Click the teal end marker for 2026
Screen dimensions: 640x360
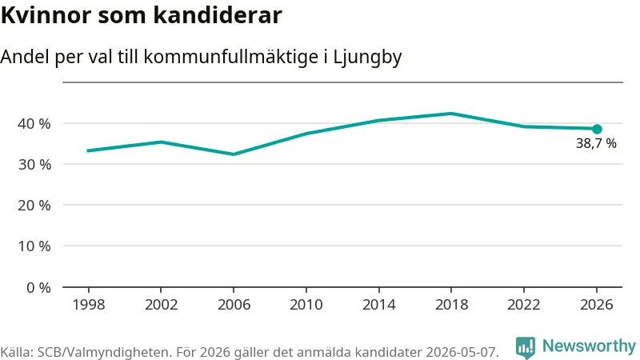click(597, 129)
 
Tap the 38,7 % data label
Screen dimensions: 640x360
click(596, 143)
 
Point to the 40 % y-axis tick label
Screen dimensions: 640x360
click(34, 124)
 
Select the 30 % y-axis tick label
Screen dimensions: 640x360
click(34, 165)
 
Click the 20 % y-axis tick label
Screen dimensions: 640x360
click(34, 206)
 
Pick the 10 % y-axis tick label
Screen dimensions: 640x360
click(34, 246)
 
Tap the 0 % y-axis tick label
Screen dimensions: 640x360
click(38, 288)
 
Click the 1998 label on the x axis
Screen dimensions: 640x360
click(89, 305)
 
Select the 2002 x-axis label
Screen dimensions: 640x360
click(162, 305)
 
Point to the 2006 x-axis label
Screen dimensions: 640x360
click(234, 305)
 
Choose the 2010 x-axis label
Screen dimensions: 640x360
click(306, 305)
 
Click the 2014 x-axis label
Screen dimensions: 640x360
click(378, 305)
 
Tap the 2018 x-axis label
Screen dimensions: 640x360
click(451, 305)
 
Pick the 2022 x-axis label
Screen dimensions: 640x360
click(524, 305)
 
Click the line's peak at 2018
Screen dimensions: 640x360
click(451, 114)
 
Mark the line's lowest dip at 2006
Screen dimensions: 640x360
click(234, 154)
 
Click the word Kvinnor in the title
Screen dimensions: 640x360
click(46, 15)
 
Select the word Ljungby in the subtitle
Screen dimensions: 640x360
click(367, 57)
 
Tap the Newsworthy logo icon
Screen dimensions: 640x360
click(526, 347)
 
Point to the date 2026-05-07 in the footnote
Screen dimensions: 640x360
click(462, 352)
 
